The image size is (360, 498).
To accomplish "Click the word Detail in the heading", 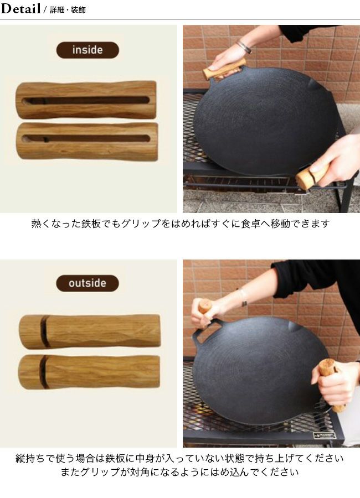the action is (20, 8).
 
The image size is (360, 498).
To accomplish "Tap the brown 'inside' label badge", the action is (88, 50).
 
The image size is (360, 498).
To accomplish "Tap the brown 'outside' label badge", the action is (88, 283).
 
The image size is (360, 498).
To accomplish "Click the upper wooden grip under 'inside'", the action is (86, 100).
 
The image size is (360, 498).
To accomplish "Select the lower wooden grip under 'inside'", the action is (87, 141).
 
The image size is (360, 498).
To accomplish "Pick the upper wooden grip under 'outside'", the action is (90, 331).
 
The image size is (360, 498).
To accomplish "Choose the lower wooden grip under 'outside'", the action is (89, 372).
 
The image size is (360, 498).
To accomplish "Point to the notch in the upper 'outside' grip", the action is (45, 331).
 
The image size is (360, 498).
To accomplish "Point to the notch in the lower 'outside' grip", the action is (44, 372).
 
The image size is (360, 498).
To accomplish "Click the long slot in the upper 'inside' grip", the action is (86, 101).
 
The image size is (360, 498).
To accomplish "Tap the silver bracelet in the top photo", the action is (244, 46).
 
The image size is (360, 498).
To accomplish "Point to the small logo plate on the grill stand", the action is (324, 436).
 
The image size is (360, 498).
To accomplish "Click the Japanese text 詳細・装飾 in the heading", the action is (68, 10).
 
